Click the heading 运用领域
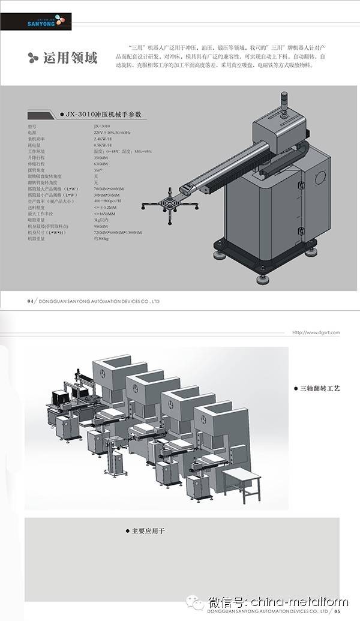(x=70, y=58)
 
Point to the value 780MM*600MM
(x=109, y=189)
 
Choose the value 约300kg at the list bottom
(x=102, y=239)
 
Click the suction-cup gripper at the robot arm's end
(x=170, y=205)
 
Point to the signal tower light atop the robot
(x=283, y=102)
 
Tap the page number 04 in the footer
(x=30, y=301)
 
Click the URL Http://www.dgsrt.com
(x=316, y=332)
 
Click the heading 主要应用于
(x=147, y=531)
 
